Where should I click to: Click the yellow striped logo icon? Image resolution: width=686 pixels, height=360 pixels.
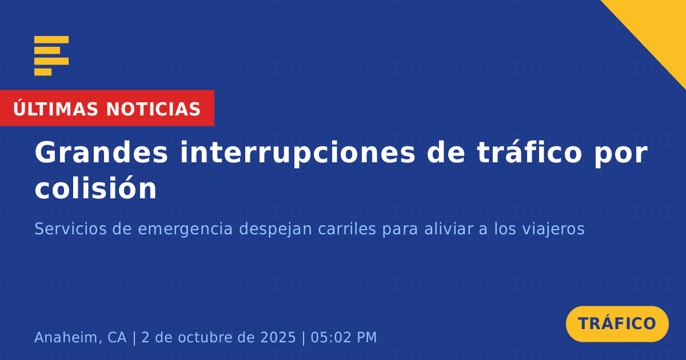click(x=51, y=56)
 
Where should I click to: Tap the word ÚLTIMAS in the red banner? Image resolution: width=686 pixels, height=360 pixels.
click(x=55, y=108)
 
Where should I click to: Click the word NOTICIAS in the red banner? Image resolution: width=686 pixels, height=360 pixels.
click(x=153, y=109)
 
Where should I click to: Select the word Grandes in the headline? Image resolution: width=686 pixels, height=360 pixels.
click(x=101, y=153)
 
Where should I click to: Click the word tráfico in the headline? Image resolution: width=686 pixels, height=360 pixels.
click(x=529, y=152)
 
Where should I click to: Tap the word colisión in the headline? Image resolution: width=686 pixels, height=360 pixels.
click(x=95, y=188)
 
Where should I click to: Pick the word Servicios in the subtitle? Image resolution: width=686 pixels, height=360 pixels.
click(x=70, y=229)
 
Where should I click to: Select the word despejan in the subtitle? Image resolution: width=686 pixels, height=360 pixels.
click(x=276, y=230)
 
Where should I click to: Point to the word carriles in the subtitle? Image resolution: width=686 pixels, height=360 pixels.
click(x=347, y=229)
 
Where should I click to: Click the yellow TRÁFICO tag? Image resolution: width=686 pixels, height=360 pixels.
click(x=617, y=323)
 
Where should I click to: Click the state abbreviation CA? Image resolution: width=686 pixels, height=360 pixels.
click(x=117, y=338)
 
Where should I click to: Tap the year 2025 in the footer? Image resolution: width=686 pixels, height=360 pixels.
click(x=278, y=337)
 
